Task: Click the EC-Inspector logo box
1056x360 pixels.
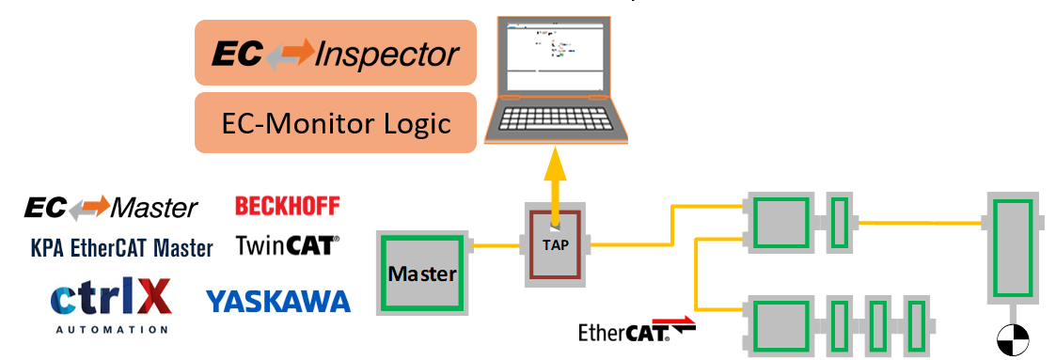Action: point(335,54)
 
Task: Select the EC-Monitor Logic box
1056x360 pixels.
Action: point(335,122)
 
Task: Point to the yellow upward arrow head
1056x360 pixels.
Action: point(558,165)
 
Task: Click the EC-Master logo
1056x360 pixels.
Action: point(111,208)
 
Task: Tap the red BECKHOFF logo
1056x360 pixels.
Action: point(287,206)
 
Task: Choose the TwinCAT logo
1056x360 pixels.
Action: point(287,246)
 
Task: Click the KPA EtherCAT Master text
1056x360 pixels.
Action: point(121,248)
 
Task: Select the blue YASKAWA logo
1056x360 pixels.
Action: point(277,301)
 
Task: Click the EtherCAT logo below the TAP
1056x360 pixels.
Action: point(637,331)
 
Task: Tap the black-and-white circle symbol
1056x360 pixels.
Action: point(1014,339)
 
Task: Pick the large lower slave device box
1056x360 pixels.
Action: point(777,324)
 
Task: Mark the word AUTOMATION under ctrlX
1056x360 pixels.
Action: point(111,330)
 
